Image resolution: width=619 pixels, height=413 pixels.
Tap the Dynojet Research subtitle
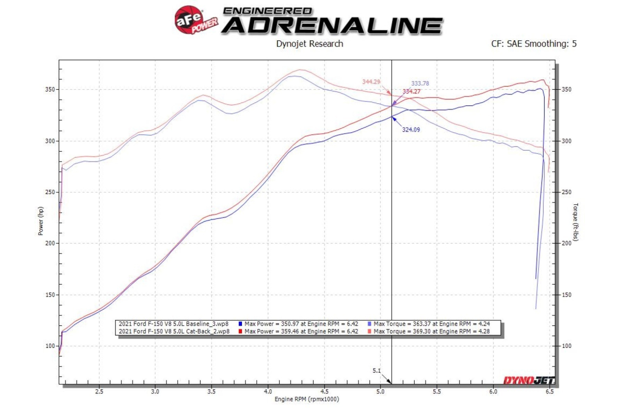(309, 44)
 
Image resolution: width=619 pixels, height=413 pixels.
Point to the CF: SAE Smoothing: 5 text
(534, 44)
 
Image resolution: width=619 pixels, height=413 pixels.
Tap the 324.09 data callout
(411, 130)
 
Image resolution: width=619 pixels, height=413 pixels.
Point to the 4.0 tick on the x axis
(268, 391)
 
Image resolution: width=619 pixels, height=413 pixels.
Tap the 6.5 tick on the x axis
(549, 391)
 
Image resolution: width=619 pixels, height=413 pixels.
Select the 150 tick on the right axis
(565, 295)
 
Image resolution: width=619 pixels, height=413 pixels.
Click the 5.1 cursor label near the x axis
(378, 371)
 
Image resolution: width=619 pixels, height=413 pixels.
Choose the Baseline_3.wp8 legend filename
(173, 324)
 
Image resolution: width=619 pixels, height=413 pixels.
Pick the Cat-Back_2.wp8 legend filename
(173, 331)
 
